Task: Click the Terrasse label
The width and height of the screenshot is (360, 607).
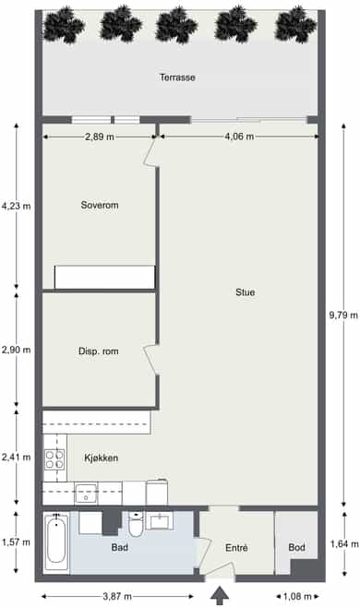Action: coord(177,77)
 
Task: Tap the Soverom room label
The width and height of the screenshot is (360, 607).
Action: coord(100,205)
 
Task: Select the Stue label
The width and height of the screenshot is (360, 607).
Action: coord(246,292)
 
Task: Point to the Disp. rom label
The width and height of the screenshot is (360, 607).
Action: coord(99,351)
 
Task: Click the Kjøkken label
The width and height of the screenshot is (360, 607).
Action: coord(102,458)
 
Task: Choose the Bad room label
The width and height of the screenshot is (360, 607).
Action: coord(119,547)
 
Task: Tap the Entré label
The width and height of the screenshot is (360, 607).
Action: coord(236,548)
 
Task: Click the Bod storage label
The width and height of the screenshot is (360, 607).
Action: coord(297,547)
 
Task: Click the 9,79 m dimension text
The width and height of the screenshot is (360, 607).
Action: coord(343,315)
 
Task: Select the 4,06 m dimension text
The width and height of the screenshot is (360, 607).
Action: coord(239,137)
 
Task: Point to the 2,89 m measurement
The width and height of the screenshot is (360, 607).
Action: coord(100,137)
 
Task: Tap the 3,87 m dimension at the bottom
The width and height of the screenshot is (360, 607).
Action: coord(117,597)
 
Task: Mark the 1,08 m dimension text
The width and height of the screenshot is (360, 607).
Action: coord(297,597)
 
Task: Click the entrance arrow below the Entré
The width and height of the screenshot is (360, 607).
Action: coord(220,595)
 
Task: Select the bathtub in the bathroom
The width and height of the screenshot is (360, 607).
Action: coord(56,542)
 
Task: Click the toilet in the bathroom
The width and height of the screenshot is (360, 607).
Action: coord(136,524)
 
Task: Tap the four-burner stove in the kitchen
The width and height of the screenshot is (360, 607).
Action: coord(54,459)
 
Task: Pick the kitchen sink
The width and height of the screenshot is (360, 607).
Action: coord(86,494)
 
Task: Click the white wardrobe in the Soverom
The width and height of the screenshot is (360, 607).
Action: coord(104,277)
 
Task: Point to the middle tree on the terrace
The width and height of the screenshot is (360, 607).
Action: coord(176,24)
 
